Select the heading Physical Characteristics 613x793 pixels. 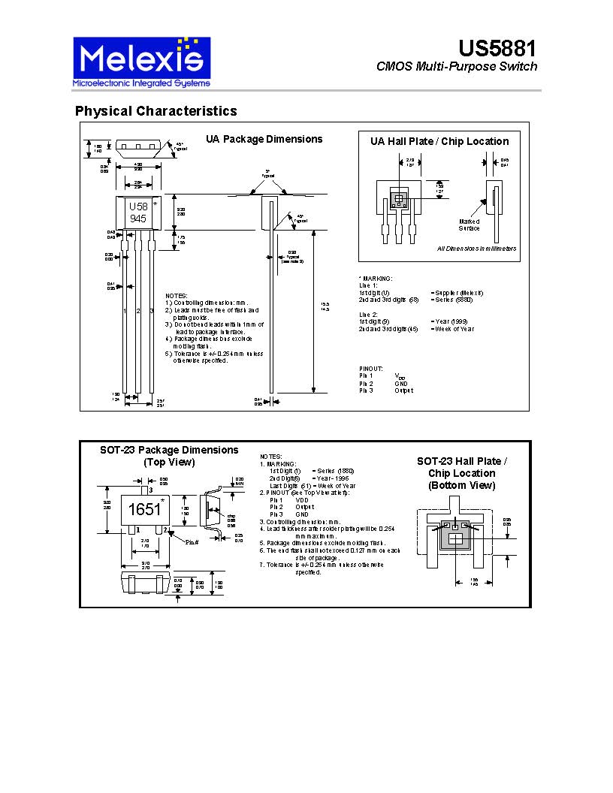(156, 111)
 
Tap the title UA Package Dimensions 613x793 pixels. (264, 139)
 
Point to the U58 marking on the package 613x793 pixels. (137, 207)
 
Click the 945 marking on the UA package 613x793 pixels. (137, 219)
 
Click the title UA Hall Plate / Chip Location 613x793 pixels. (439, 141)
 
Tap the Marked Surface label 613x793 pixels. (470, 225)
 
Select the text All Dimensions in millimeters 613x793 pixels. (476, 249)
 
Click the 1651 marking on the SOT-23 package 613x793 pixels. (143, 509)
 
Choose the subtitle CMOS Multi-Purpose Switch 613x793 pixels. (457, 67)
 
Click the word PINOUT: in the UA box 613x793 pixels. (371, 368)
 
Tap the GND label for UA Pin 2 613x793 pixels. (400, 383)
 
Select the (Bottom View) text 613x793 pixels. (461, 485)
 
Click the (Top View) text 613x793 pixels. (169, 463)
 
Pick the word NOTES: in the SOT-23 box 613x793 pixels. (270, 457)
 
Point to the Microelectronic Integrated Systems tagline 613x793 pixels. (140, 82)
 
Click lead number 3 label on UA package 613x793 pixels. (151, 310)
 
